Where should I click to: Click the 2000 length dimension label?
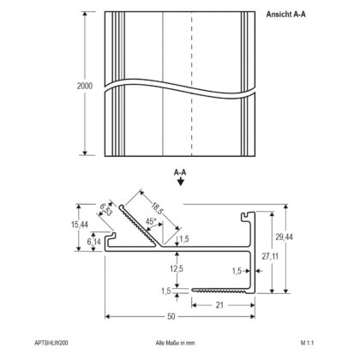click(85, 86)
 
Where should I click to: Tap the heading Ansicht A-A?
click(285, 15)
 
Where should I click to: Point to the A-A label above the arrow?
click(180, 172)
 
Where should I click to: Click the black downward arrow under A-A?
click(180, 182)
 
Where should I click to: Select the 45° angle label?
click(151, 221)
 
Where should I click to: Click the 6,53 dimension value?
click(105, 210)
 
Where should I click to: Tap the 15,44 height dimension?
click(80, 225)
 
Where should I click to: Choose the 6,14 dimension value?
click(94, 242)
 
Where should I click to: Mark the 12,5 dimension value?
click(177, 269)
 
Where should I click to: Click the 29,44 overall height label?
click(284, 237)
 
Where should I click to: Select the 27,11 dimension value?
click(270, 256)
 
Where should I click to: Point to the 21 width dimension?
click(219, 305)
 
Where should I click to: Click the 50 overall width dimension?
click(171, 316)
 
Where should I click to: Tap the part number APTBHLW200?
click(51, 343)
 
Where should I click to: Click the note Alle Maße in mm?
click(175, 343)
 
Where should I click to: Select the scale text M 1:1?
click(307, 343)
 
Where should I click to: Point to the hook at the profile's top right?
click(248, 216)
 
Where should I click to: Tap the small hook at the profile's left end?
click(111, 237)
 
